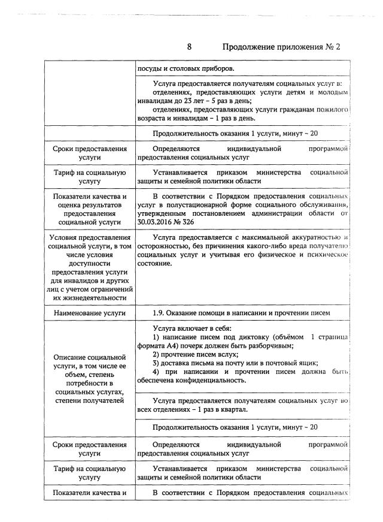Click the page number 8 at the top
pyautogui.click(x=189, y=47)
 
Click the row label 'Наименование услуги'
pyautogui.click(x=89, y=313)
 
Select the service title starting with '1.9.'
pyautogui.click(x=241, y=313)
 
